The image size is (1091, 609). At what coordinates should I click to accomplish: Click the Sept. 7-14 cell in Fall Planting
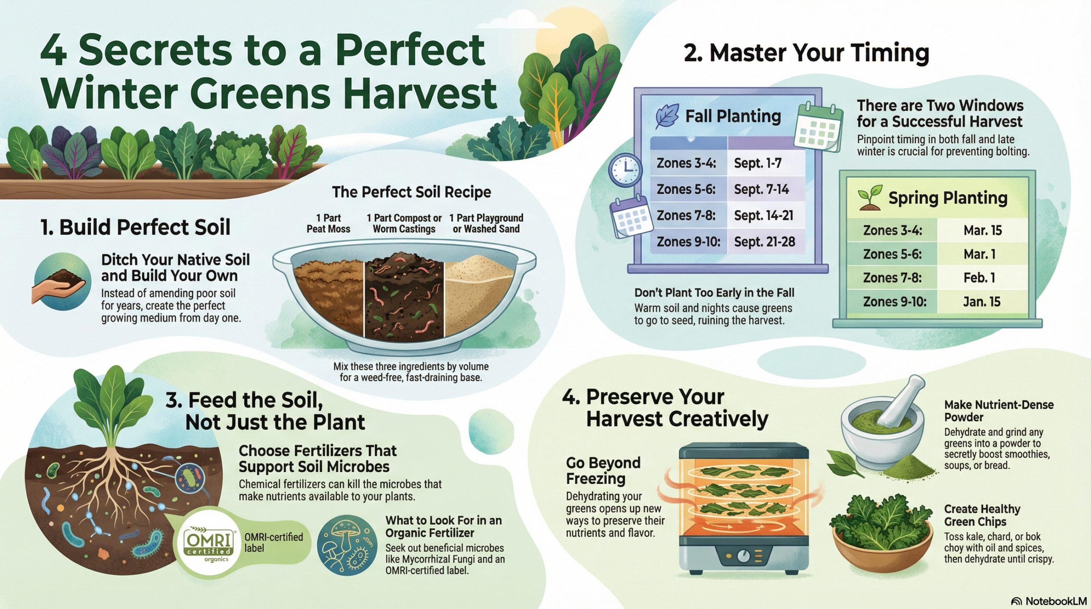761,189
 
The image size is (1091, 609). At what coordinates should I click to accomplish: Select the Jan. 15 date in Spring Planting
982,302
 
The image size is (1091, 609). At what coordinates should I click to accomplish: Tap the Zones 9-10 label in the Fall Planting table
688,242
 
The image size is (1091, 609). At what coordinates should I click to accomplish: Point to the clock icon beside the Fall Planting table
625,170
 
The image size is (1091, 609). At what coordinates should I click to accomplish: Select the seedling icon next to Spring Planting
869,197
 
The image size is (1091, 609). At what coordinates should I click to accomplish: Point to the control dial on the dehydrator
743,556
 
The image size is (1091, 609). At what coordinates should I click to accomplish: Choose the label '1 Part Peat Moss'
328,223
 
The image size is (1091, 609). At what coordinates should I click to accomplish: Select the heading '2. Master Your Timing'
806,53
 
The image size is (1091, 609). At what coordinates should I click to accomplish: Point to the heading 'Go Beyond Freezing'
603,470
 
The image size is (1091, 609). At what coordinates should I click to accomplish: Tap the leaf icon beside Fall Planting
667,115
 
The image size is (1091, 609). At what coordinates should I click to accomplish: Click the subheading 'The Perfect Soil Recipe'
411,192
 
